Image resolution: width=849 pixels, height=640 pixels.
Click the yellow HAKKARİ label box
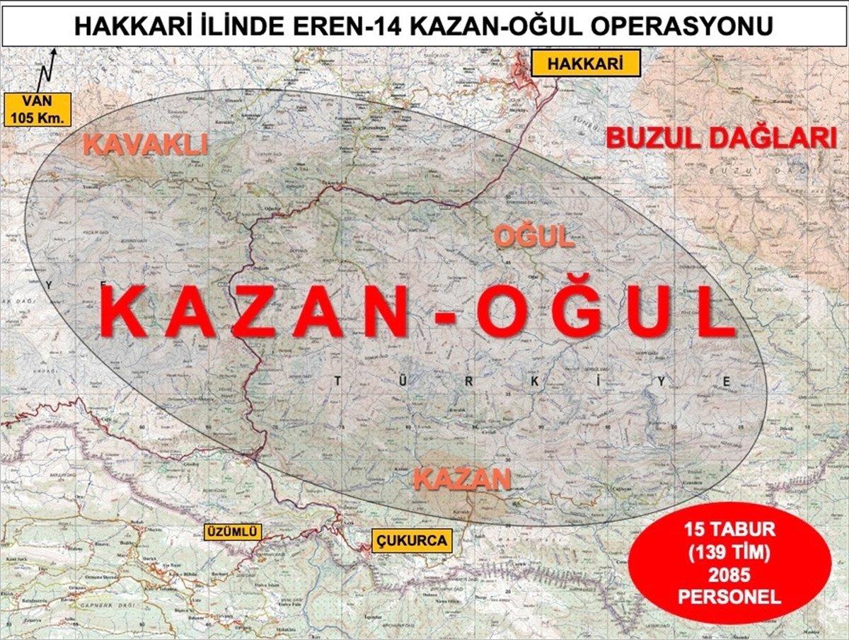tap(585, 64)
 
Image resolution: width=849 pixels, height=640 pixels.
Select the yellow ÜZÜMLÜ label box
tap(233, 532)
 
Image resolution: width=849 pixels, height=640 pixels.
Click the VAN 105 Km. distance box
tap(38, 109)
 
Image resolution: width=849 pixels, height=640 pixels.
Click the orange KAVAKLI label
tap(145, 144)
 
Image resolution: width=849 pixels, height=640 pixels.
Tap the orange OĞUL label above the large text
tap(533, 237)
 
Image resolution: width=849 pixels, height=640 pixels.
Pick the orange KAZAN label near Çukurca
tap(462, 479)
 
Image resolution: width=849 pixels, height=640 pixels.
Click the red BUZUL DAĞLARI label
tap(721, 138)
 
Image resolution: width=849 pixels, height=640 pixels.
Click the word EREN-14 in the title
tap(347, 27)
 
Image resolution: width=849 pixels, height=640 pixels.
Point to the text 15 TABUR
tap(729, 529)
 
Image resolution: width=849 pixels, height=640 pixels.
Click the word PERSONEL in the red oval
tap(729, 596)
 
